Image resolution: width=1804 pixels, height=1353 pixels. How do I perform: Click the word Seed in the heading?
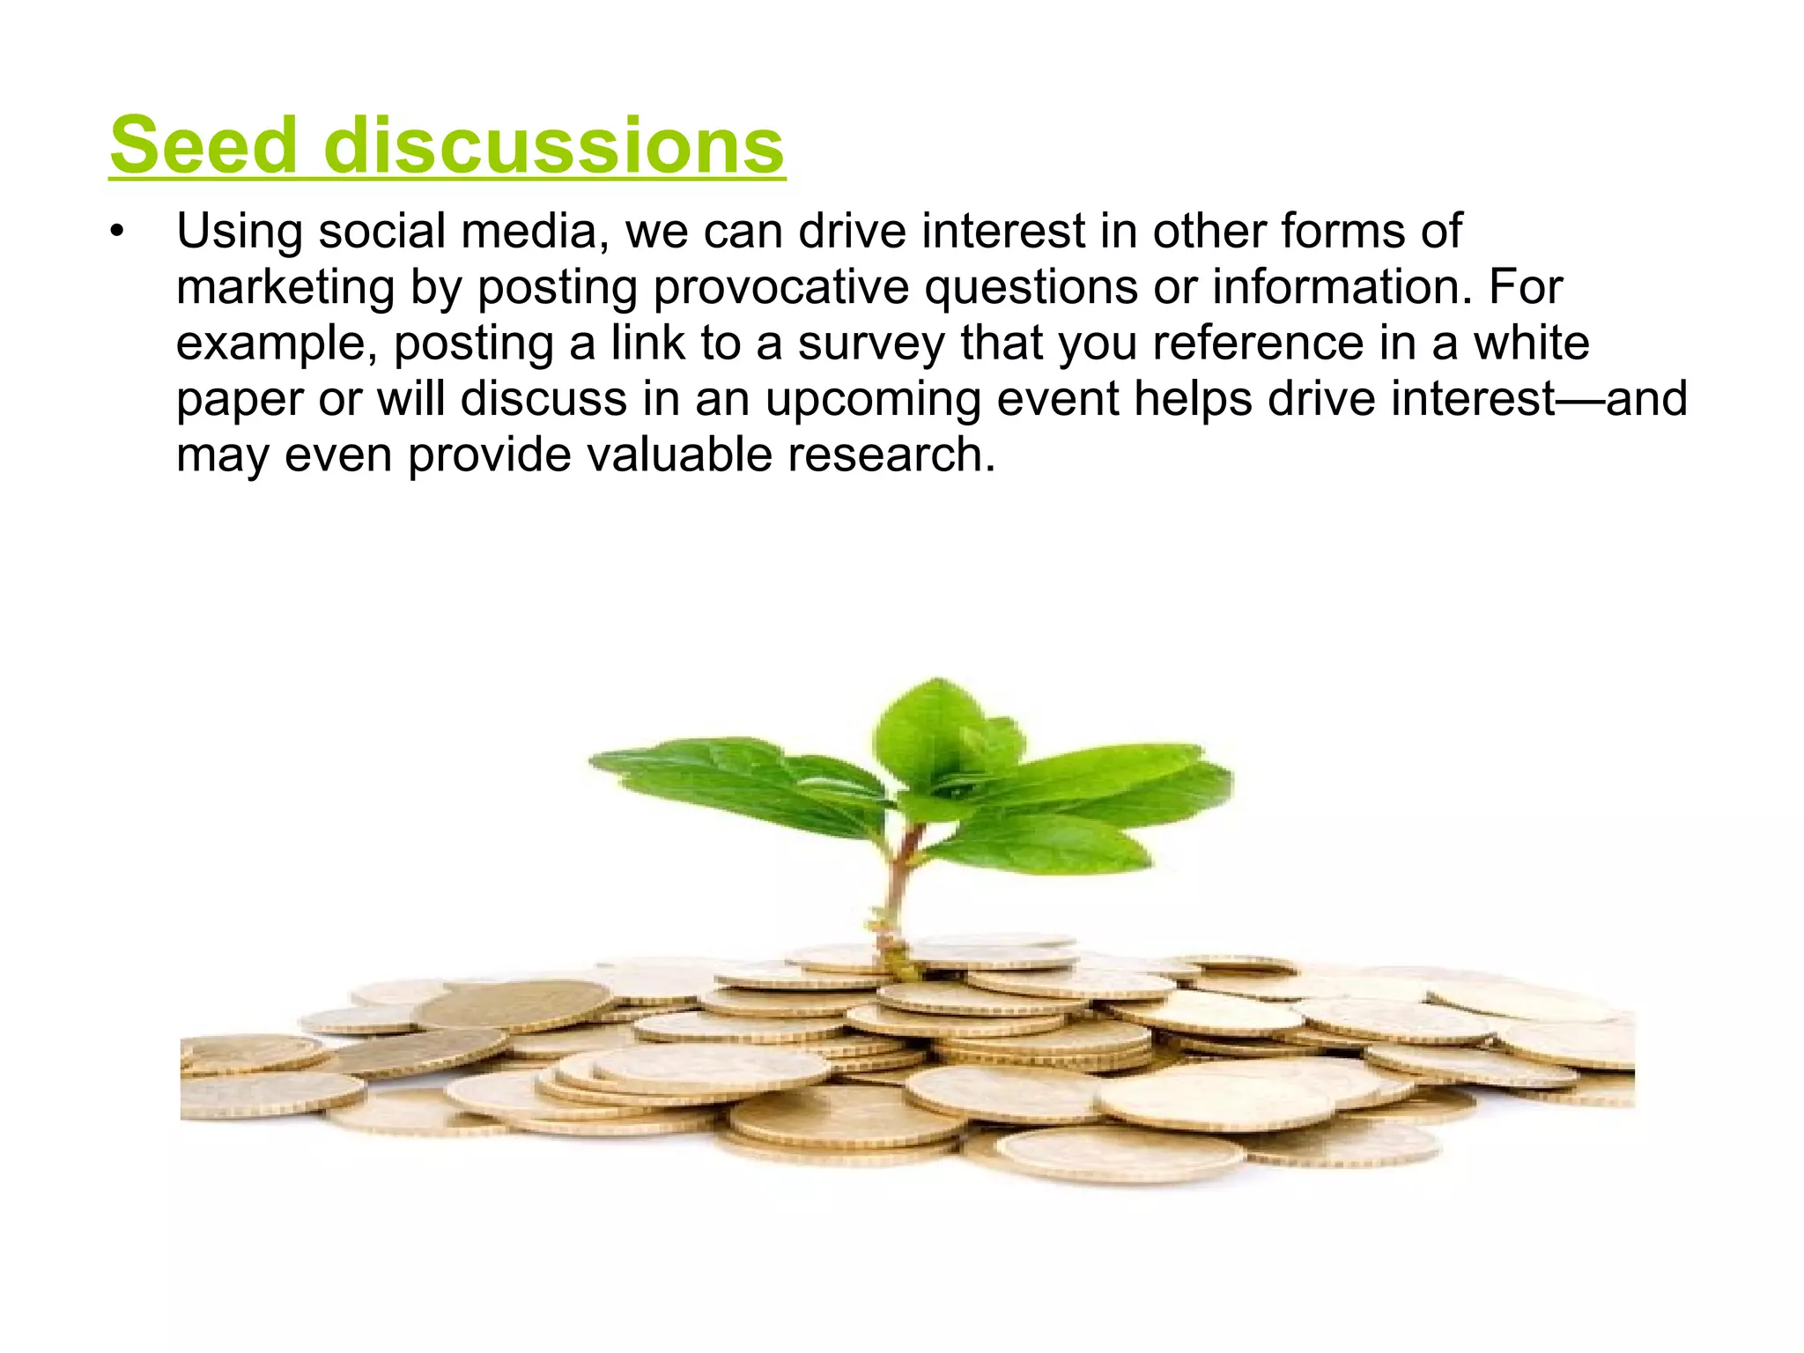pyautogui.click(x=203, y=145)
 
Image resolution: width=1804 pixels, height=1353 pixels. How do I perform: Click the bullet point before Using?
pyautogui.click(x=116, y=233)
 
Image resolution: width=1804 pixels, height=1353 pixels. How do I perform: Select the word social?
pyautogui.click(x=382, y=232)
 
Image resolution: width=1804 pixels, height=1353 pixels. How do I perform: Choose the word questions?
pyautogui.click(x=1031, y=289)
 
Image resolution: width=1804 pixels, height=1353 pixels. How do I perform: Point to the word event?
pyautogui.click(x=1057, y=399)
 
